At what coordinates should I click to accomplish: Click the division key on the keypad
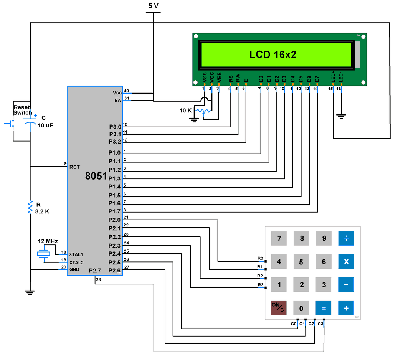pyautogui.click(x=346, y=238)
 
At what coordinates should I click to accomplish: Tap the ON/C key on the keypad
pyautogui.click(x=279, y=308)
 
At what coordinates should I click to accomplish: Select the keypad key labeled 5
pyautogui.click(x=301, y=262)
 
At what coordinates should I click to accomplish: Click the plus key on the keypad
pyautogui.click(x=346, y=308)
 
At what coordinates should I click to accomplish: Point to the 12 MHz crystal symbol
pyautogui.click(x=43, y=253)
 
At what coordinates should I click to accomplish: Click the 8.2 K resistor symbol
pyautogui.click(x=30, y=207)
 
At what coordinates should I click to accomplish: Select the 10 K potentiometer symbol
pyautogui.click(x=203, y=111)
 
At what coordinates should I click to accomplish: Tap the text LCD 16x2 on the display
pyautogui.click(x=272, y=54)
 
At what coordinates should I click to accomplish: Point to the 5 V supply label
pyautogui.click(x=153, y=6)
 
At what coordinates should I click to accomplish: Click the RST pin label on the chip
pyautogui.click(x=74, y=167)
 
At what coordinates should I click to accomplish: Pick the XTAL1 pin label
pyautogui.click(x=76, y=254)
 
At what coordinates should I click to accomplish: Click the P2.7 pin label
pyautogui.click(x=95, y=271)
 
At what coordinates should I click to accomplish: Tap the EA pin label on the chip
pyautogui.click(x=117, y=101)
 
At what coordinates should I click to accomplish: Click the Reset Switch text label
pyautogui.click(x=23, y=110)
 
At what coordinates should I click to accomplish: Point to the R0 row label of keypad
pyautogui.click(x=260, y=258)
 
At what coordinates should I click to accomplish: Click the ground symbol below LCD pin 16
pyautogui.click(x=340, y=116)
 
